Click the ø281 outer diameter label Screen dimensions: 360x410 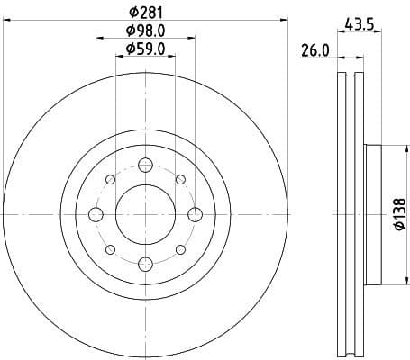point(145,12)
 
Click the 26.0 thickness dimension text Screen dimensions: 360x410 point(314,51)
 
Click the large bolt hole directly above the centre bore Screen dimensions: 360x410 point(145,165)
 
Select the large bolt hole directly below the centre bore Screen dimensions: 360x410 point(145,263)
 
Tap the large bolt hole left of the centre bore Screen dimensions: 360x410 point(96,214)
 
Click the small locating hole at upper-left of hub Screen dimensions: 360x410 point(110,179)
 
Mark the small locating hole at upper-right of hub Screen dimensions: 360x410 point(180,179)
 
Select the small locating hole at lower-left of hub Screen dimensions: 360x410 point(110,249)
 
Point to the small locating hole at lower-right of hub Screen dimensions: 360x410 point(180,249)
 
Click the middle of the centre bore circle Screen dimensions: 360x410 point(145,214)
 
